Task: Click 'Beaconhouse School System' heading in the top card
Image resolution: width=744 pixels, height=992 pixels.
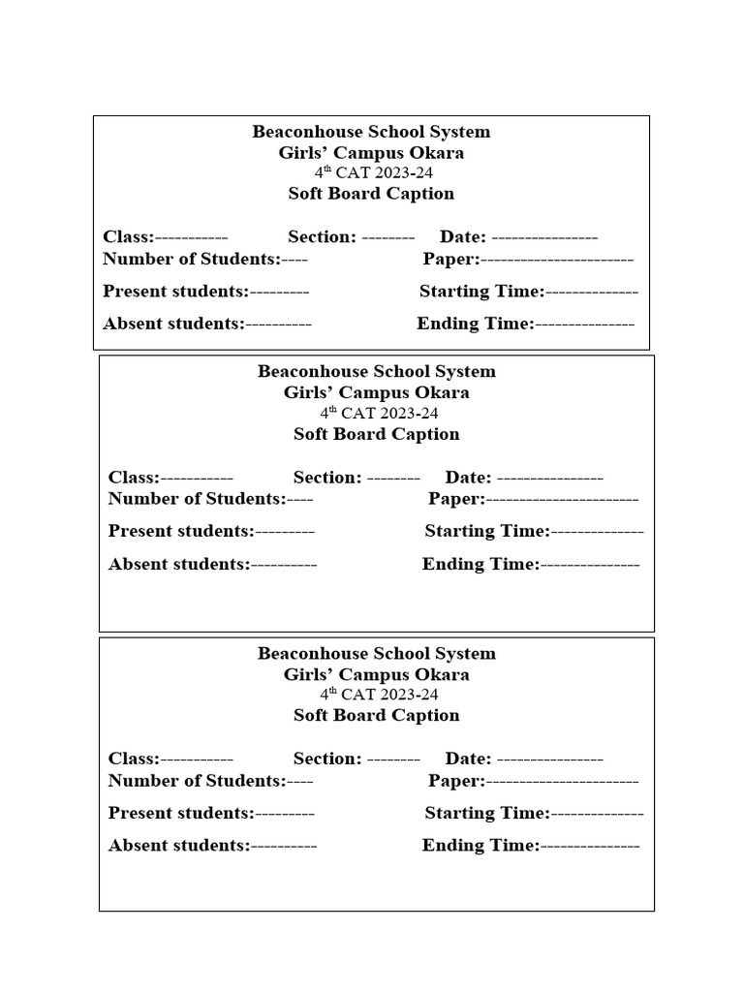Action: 371,132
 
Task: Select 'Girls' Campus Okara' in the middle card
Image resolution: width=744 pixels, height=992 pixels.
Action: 376,392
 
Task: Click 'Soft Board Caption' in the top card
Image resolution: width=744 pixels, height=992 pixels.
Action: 371,194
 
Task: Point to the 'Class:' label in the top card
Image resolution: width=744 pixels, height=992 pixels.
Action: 128,237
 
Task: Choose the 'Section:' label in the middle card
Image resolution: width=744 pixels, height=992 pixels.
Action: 327,478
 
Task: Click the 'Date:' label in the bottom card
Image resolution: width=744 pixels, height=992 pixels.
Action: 468,759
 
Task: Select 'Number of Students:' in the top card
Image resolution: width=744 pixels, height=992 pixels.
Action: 192,259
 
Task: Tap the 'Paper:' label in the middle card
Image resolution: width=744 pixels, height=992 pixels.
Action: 456,499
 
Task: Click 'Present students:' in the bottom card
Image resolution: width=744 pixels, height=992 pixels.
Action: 181,813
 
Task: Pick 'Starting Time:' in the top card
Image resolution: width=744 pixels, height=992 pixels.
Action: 481,292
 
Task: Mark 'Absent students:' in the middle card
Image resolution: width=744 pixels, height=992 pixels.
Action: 179,564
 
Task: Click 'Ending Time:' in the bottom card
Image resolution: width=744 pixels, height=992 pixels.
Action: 480,846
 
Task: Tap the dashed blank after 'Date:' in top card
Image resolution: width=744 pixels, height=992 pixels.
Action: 544,237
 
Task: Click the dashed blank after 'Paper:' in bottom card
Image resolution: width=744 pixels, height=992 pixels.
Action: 562,781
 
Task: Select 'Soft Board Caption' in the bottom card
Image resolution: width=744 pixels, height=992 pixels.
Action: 377,715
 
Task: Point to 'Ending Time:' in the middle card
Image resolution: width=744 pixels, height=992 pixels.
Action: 480,564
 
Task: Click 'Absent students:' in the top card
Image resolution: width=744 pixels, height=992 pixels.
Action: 173,324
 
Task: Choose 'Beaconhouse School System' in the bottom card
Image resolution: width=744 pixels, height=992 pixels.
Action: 376,653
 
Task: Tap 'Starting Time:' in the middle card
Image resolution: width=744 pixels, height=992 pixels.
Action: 487,531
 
